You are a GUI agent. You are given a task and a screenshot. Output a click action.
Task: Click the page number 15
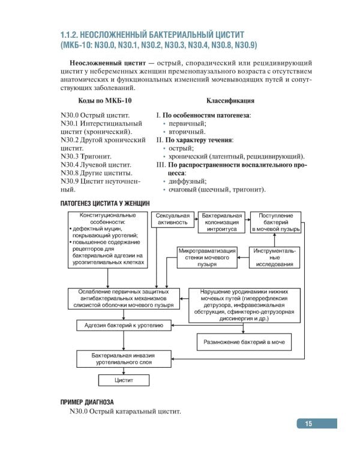click(x=308, y=424)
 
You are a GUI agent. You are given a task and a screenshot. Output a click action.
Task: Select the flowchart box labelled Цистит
click(x=124, y=380)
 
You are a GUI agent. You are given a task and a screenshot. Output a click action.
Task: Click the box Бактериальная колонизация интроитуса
click(x=221, y=222)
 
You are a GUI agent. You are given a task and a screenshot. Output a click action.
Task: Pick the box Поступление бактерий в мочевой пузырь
click(x=275, y=222)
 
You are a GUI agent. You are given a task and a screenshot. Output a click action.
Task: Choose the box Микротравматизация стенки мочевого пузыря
click(x=206, y=257)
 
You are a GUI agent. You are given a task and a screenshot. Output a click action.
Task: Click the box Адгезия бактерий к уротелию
click(x=124, y=325)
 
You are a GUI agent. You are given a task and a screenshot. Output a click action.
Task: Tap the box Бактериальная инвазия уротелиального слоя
click(x=124, y=359)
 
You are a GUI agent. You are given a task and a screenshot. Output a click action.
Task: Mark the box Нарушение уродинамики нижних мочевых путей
click(x=244, y=305)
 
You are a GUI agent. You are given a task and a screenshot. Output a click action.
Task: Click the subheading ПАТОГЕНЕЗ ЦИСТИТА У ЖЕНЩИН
click(x=104, y=203)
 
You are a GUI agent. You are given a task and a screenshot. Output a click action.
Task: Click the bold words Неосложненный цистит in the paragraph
click(x=107, y=62)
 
